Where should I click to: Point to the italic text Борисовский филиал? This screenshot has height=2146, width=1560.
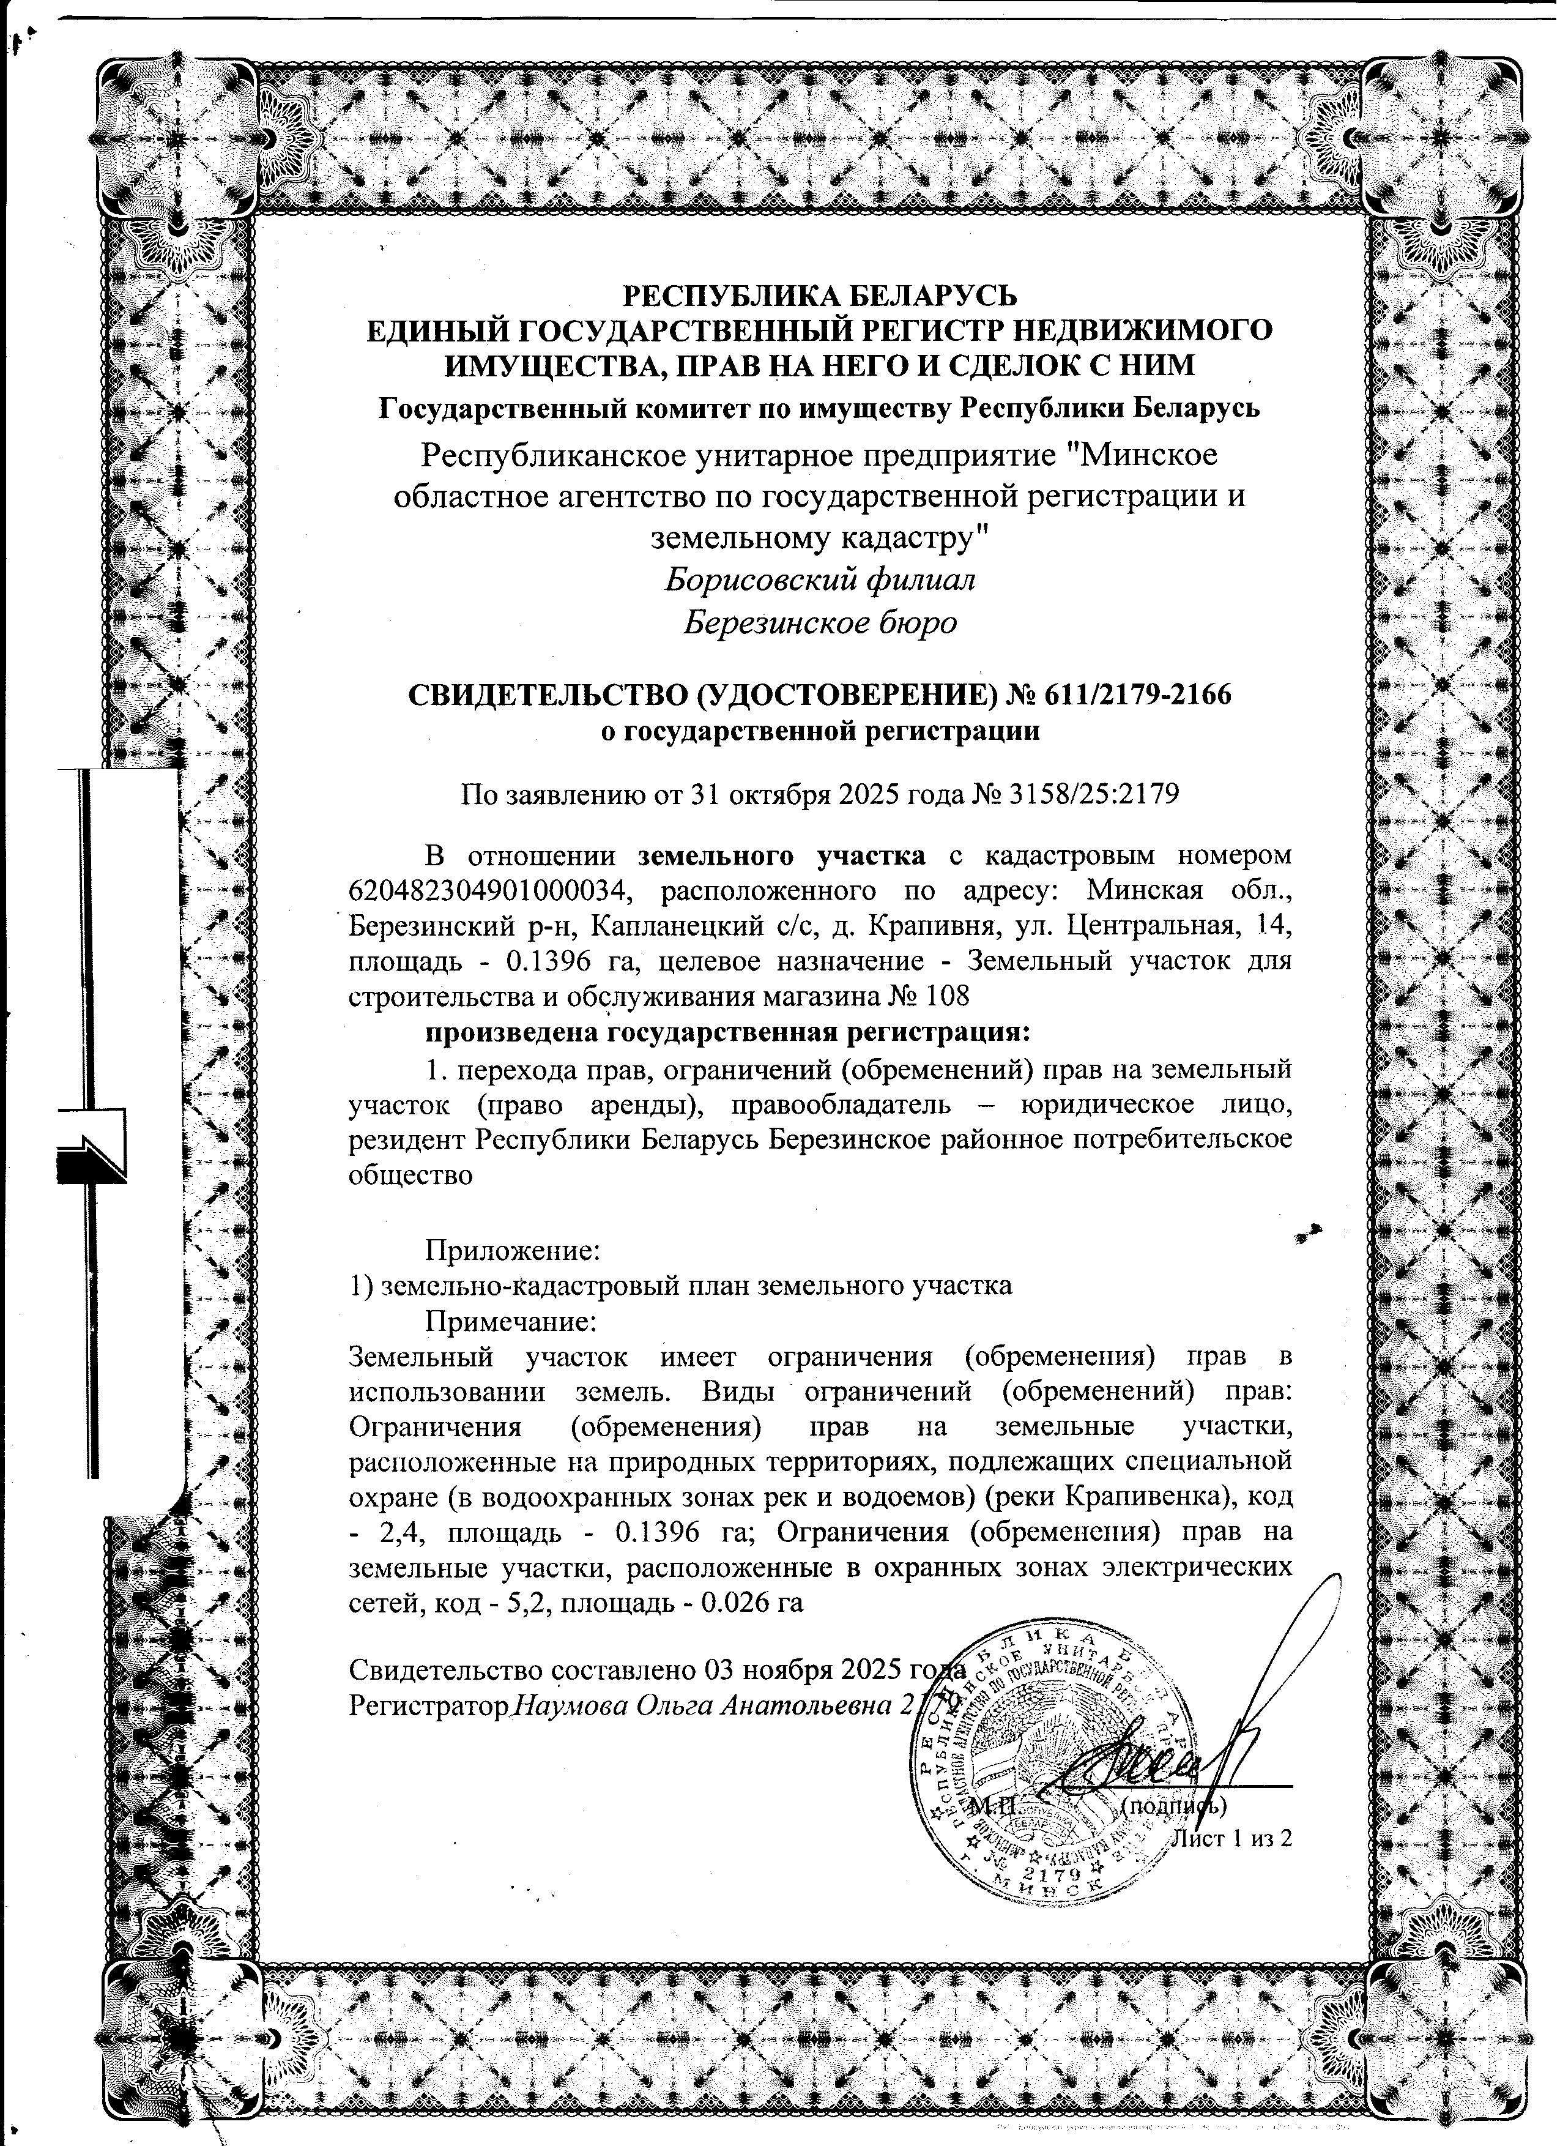[x=819, y=578]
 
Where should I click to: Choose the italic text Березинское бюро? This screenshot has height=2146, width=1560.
[x=819, y=622]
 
